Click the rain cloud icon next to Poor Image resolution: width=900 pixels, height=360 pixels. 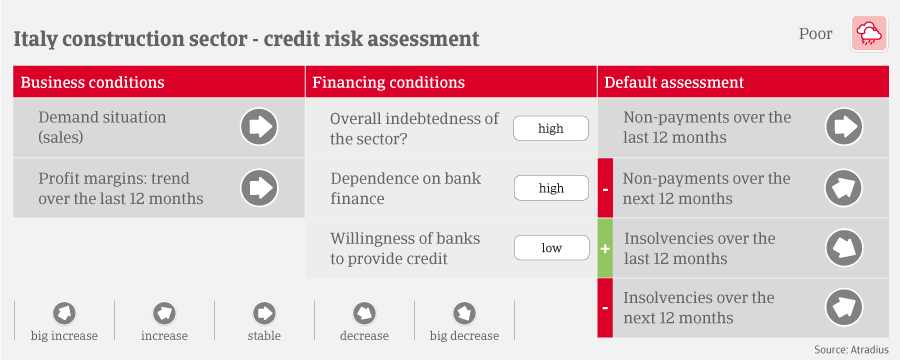click(869, 34)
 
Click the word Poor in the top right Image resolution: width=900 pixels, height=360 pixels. click(815, 34)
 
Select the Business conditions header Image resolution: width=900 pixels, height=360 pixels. click(92, 82)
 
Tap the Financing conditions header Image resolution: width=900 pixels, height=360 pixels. click(389, 82)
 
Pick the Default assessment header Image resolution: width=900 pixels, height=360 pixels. click(674, 82)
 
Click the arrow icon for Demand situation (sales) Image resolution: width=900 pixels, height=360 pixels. click(259, 127)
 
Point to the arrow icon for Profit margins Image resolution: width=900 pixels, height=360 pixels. click(259, 188)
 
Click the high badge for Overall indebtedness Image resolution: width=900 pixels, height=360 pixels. click(551, 129)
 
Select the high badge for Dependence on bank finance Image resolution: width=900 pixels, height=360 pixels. click(551, 188)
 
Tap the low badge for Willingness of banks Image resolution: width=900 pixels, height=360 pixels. click(551, 248)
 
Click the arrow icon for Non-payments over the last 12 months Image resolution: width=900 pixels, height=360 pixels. click(844, 126)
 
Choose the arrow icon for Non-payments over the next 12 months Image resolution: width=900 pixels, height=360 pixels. click(844, 188)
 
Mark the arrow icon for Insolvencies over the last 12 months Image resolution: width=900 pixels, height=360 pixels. click(844, 249)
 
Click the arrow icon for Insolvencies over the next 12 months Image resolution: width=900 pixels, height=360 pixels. click(844, 308)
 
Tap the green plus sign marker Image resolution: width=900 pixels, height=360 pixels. click(605, 249)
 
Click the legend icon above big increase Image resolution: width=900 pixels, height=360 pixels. click(64, 313)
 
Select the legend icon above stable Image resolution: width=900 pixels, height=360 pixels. click(264, 313)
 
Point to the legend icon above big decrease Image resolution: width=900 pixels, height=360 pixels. click(464, 313)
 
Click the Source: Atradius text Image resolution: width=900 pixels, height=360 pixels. click(851, 350)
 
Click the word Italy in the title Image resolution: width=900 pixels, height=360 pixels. click(33, 39)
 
